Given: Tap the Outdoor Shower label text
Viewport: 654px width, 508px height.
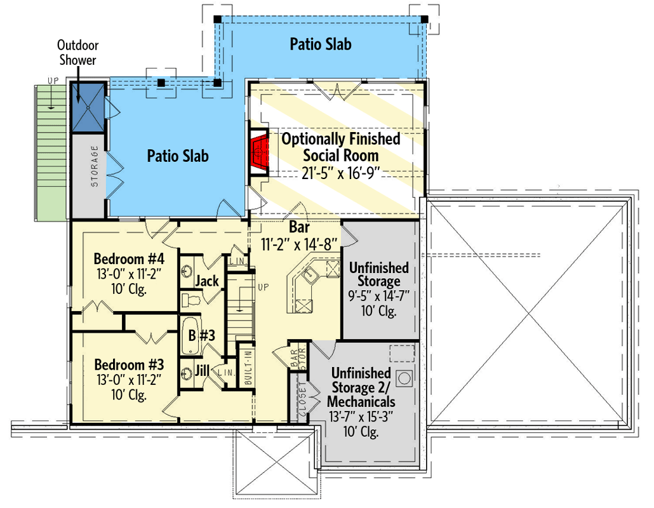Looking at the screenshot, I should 77,53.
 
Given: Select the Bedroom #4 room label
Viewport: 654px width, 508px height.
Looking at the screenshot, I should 129,260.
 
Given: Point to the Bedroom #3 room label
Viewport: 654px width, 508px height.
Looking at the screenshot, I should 129,365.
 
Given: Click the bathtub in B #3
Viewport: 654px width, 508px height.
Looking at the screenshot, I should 189,335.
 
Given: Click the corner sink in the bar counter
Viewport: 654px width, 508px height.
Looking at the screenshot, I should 309,275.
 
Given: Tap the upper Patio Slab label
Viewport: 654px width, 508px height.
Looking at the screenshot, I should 321,44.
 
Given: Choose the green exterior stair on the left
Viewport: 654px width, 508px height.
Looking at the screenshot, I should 51,152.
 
